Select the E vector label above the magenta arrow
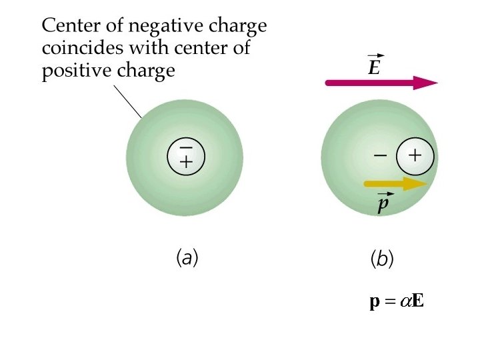pyautogui.click(x=375, y=67)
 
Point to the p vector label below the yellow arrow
pyautogui.click(x=381, y=203)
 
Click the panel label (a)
pyautogui.click(x=186, y=257)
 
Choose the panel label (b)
pyautogui.click(x=382, y=260)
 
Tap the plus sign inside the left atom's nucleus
pyautogui.click(x=186, y=162)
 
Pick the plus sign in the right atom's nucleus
pyautogui.click(x=415, y=156)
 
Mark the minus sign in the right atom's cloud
pyautogui.click(x=380, y=156)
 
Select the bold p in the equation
pyautogui.click(x=375, y=302)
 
